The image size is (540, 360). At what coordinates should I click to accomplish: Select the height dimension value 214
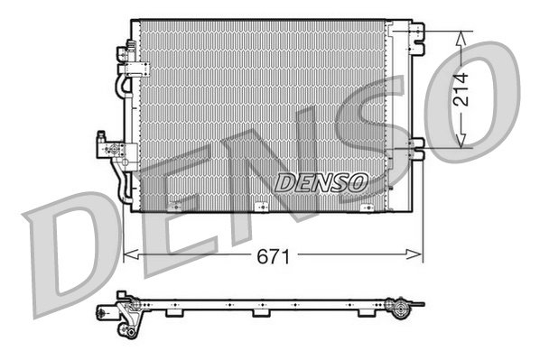click(x=461, y=88)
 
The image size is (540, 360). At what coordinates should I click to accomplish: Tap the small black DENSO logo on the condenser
click(x=321, y=182)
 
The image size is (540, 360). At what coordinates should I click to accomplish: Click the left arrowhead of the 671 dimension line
click(x=126, y=256)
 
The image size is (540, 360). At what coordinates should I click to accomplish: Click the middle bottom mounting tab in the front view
click(x=262, y=207)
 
